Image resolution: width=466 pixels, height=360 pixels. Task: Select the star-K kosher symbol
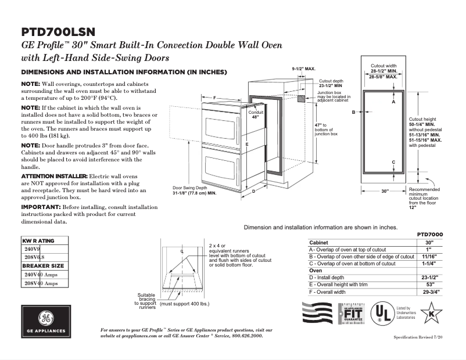pos(431,315)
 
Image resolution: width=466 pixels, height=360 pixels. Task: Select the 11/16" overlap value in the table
pos(429,256)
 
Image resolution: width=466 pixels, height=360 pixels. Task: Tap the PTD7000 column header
pos(431,234)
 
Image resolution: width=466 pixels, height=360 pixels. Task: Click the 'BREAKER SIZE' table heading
pos(43,265)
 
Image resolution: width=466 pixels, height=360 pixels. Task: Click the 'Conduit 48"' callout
pos(256,114)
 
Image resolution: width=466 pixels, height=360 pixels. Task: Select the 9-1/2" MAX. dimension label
pos(303,69)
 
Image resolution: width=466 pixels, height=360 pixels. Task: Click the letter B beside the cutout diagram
pos(352,111)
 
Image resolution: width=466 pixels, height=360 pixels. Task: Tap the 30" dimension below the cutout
pos(385,191)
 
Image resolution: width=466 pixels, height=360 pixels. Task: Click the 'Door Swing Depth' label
pos(188,189)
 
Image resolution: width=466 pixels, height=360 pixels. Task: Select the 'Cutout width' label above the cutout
pos(383,66)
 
